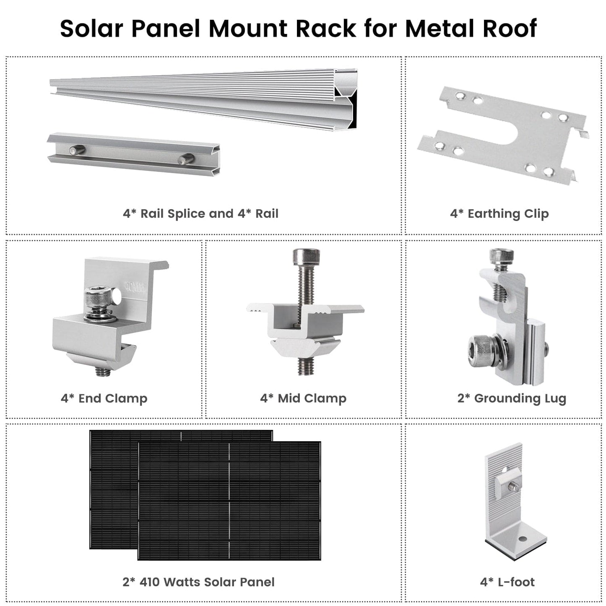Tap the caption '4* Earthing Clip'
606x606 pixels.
pyautogui.click(x=499, y=214)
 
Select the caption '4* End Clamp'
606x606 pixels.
pyautogui.click(x=104, y=398)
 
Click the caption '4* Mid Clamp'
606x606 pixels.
pyautogui.click(x=303, y=398)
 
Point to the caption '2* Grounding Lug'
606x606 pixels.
pyautogui.click(x=512, y=398)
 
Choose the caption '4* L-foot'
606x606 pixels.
pyautogui.click(x=507, y=582)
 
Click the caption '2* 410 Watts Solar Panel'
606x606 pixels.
pyautogui.click(x=198, y=582)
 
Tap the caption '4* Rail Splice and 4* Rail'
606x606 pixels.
pyautogui.click(x=200, y=214)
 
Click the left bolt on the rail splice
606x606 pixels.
pyautogui.click(x=77, y=149)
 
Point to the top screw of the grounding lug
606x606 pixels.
pyautogui.click(x=501, y=256)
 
